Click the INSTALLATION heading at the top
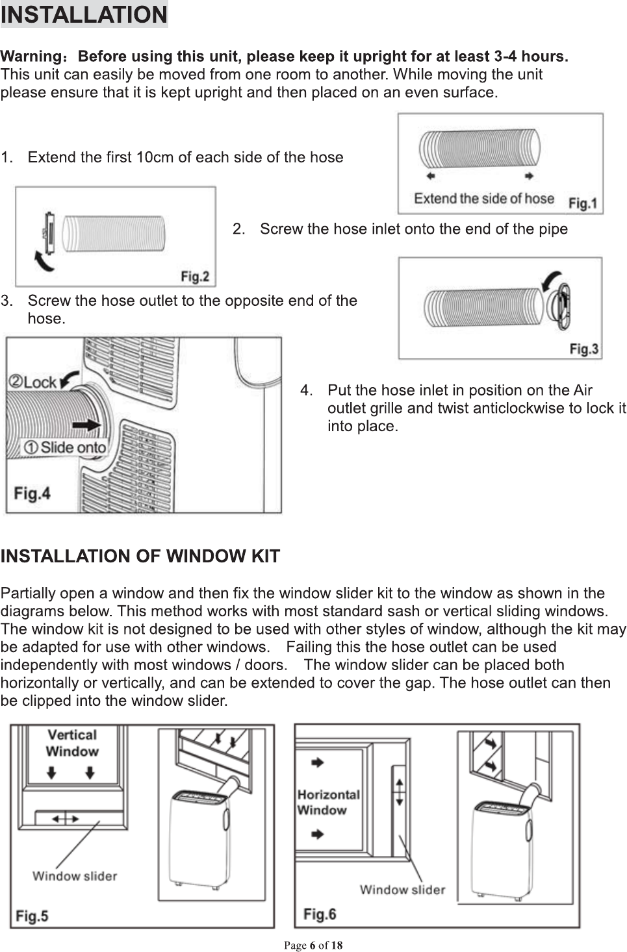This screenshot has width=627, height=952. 84,14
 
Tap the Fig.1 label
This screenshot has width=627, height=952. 582,203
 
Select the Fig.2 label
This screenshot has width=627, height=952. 194,277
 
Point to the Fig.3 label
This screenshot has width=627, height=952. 583,349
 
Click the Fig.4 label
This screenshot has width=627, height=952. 32,494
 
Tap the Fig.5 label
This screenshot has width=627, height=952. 32,916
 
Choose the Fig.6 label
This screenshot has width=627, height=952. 319,914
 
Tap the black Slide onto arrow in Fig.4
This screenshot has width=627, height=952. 86,425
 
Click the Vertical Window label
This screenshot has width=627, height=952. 72,743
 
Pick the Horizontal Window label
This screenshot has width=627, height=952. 328,802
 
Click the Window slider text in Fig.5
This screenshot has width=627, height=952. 75,876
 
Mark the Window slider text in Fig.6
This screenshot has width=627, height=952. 402,890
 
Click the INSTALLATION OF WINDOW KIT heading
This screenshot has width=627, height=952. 140,557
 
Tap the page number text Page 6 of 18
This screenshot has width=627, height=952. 313,946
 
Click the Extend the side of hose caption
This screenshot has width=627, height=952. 484,198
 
